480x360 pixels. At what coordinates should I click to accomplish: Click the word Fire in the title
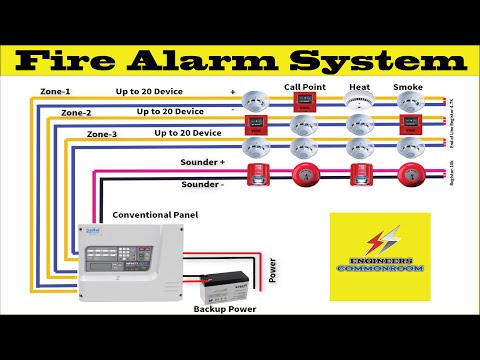pyautogui.click(x=71, y=62)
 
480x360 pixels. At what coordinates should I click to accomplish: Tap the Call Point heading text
pyautogui.click(x=306, y=87)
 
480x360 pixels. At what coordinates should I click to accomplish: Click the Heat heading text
pyautogui.click(x=359, y=87)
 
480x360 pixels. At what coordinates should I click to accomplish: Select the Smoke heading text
pyautogui.click(x=408, y=87)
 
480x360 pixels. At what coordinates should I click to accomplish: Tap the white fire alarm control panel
pyautogui.click(x=133, y=258)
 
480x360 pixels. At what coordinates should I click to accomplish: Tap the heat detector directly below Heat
pyautogui.click(x=359, y=102)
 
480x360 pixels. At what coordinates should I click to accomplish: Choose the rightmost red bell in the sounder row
pyautogui.click(x=407, y=174)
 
